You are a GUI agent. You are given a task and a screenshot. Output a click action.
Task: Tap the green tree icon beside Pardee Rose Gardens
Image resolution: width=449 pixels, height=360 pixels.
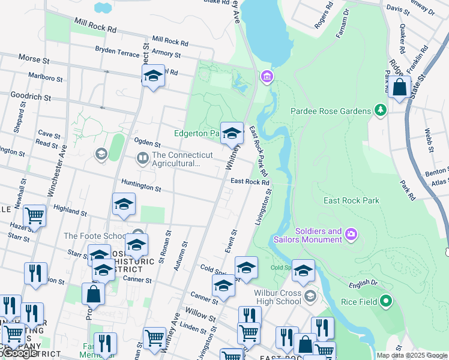click(379, 110)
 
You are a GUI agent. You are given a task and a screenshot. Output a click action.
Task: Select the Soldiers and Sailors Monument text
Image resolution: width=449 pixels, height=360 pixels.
click(318, 235)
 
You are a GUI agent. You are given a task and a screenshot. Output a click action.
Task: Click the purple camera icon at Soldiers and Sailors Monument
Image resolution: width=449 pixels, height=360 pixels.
click(351, 233)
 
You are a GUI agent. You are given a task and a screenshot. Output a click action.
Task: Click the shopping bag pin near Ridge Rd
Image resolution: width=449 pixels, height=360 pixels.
click(399, 88)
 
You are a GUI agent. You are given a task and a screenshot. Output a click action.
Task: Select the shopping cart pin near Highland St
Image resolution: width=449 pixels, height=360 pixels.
click(34, 215)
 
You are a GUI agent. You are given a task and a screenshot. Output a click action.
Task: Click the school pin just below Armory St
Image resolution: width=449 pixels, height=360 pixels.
click(153, 76)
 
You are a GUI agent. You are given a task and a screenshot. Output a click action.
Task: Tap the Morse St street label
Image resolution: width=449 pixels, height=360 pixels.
click(34, 61)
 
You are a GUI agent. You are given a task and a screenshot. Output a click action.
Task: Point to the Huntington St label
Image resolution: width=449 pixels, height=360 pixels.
click(141, 188)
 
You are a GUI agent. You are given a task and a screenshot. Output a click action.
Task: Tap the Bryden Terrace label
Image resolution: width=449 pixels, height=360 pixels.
click(117, 53)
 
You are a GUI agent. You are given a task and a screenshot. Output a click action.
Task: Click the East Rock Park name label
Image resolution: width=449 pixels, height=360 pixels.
click(351, 200)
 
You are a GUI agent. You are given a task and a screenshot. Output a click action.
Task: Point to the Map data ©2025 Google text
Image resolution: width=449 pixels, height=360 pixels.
click(412, 355)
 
